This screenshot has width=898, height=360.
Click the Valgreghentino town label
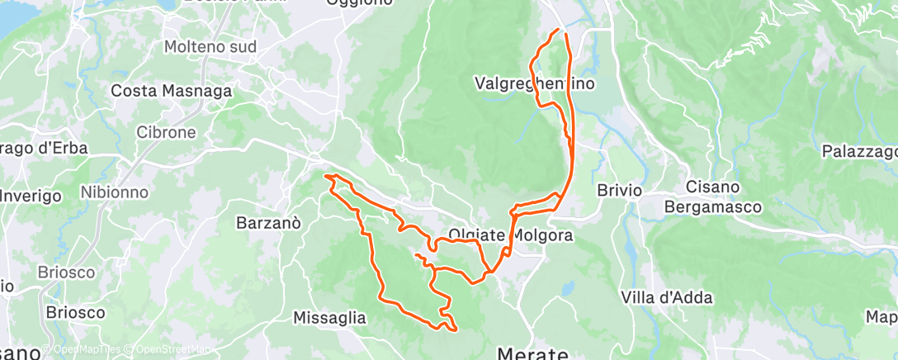click(x=535, y=83)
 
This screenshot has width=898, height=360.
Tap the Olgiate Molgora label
click(x=512, y=234)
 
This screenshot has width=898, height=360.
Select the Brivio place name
click(x=619, y=190)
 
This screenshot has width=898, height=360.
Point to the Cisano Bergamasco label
click(x=713, y=197)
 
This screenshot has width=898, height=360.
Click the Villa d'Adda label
click(x=666, y=297)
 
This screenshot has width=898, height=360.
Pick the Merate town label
click(x=532, y=353)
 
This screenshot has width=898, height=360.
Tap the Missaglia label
click(x=329, y=317)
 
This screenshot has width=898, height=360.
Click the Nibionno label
click(x=114, y=192)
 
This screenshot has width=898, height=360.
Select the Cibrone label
click(x=166, y=132)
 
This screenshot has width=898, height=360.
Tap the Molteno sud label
click(x=210, y=47)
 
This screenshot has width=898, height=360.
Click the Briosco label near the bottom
click(x=76, y=313)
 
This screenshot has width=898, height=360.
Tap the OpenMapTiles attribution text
click(x=87, y=348)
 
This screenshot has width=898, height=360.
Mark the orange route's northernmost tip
click(x=559, y=30)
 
